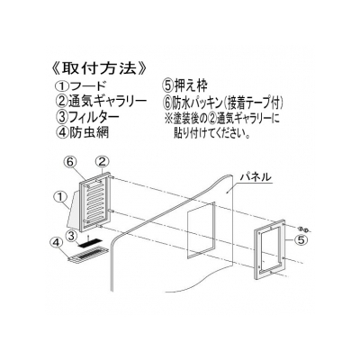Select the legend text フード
(x=87, y=86)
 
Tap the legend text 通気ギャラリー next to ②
(x=107, y=101)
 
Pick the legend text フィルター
(x=94, y=117)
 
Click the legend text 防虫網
(x=89, y=132)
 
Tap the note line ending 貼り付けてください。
(x=212, y=133)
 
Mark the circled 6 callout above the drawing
(x=69, y=162)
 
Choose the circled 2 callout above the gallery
(x=102, y=162)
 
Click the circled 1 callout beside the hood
(x=59, y=198)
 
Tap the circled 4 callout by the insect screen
(x=57, y=243)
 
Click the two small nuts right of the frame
(x=303, y=230)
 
